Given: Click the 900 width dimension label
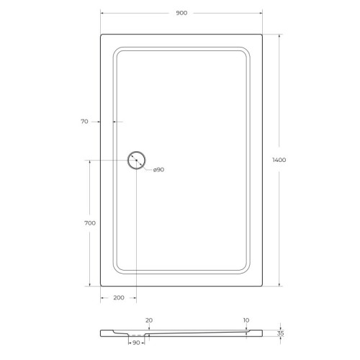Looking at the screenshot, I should pyautogui.click(x=180, y=13).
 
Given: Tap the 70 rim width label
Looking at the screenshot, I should pyautogui.click(x=84, y=122).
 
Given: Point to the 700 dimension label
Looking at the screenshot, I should pyautogui.click(x=90, y=223).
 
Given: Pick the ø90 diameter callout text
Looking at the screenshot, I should pyautogui.click(x=158, y=169).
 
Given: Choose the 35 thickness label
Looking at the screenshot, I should pyautogui.click(x=280, y=334).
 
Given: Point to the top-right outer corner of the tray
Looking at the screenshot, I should pyautogui.click(x=261, y=33).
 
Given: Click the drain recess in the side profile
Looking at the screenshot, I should pyautogui.click(x=135, y=336).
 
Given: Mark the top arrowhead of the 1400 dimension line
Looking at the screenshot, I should pyautogui.click(x=277, y=35).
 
